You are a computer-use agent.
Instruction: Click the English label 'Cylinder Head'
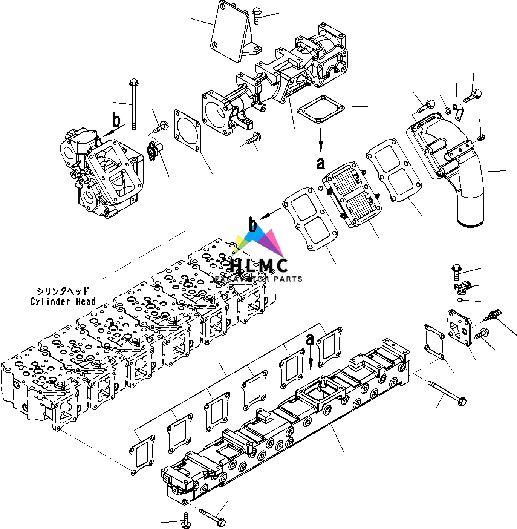coord(63,302)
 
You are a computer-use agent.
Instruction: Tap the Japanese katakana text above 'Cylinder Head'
coord(63,291)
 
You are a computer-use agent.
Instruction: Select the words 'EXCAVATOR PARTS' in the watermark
coord(259,279)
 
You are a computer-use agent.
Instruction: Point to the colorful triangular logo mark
coord(260,241)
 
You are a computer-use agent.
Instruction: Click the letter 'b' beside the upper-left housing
coord(116,121)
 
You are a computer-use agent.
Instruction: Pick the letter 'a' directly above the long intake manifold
coord(310,339)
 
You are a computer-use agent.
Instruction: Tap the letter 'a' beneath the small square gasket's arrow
coord(320,163)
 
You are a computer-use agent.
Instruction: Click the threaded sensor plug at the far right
coord(490,315)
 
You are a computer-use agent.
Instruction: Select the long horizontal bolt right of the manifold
coord(447,392)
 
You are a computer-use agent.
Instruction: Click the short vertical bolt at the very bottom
coord(186,520)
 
